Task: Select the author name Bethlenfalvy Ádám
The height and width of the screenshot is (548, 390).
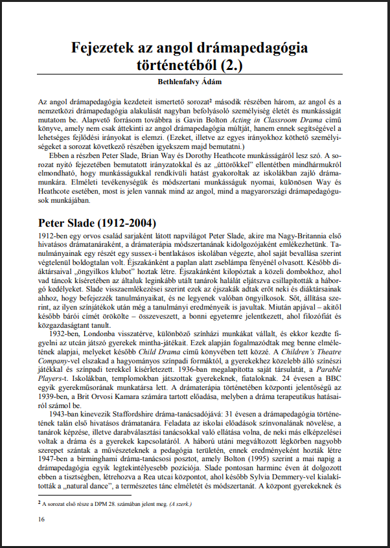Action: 194,82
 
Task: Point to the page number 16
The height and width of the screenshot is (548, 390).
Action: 41,519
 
